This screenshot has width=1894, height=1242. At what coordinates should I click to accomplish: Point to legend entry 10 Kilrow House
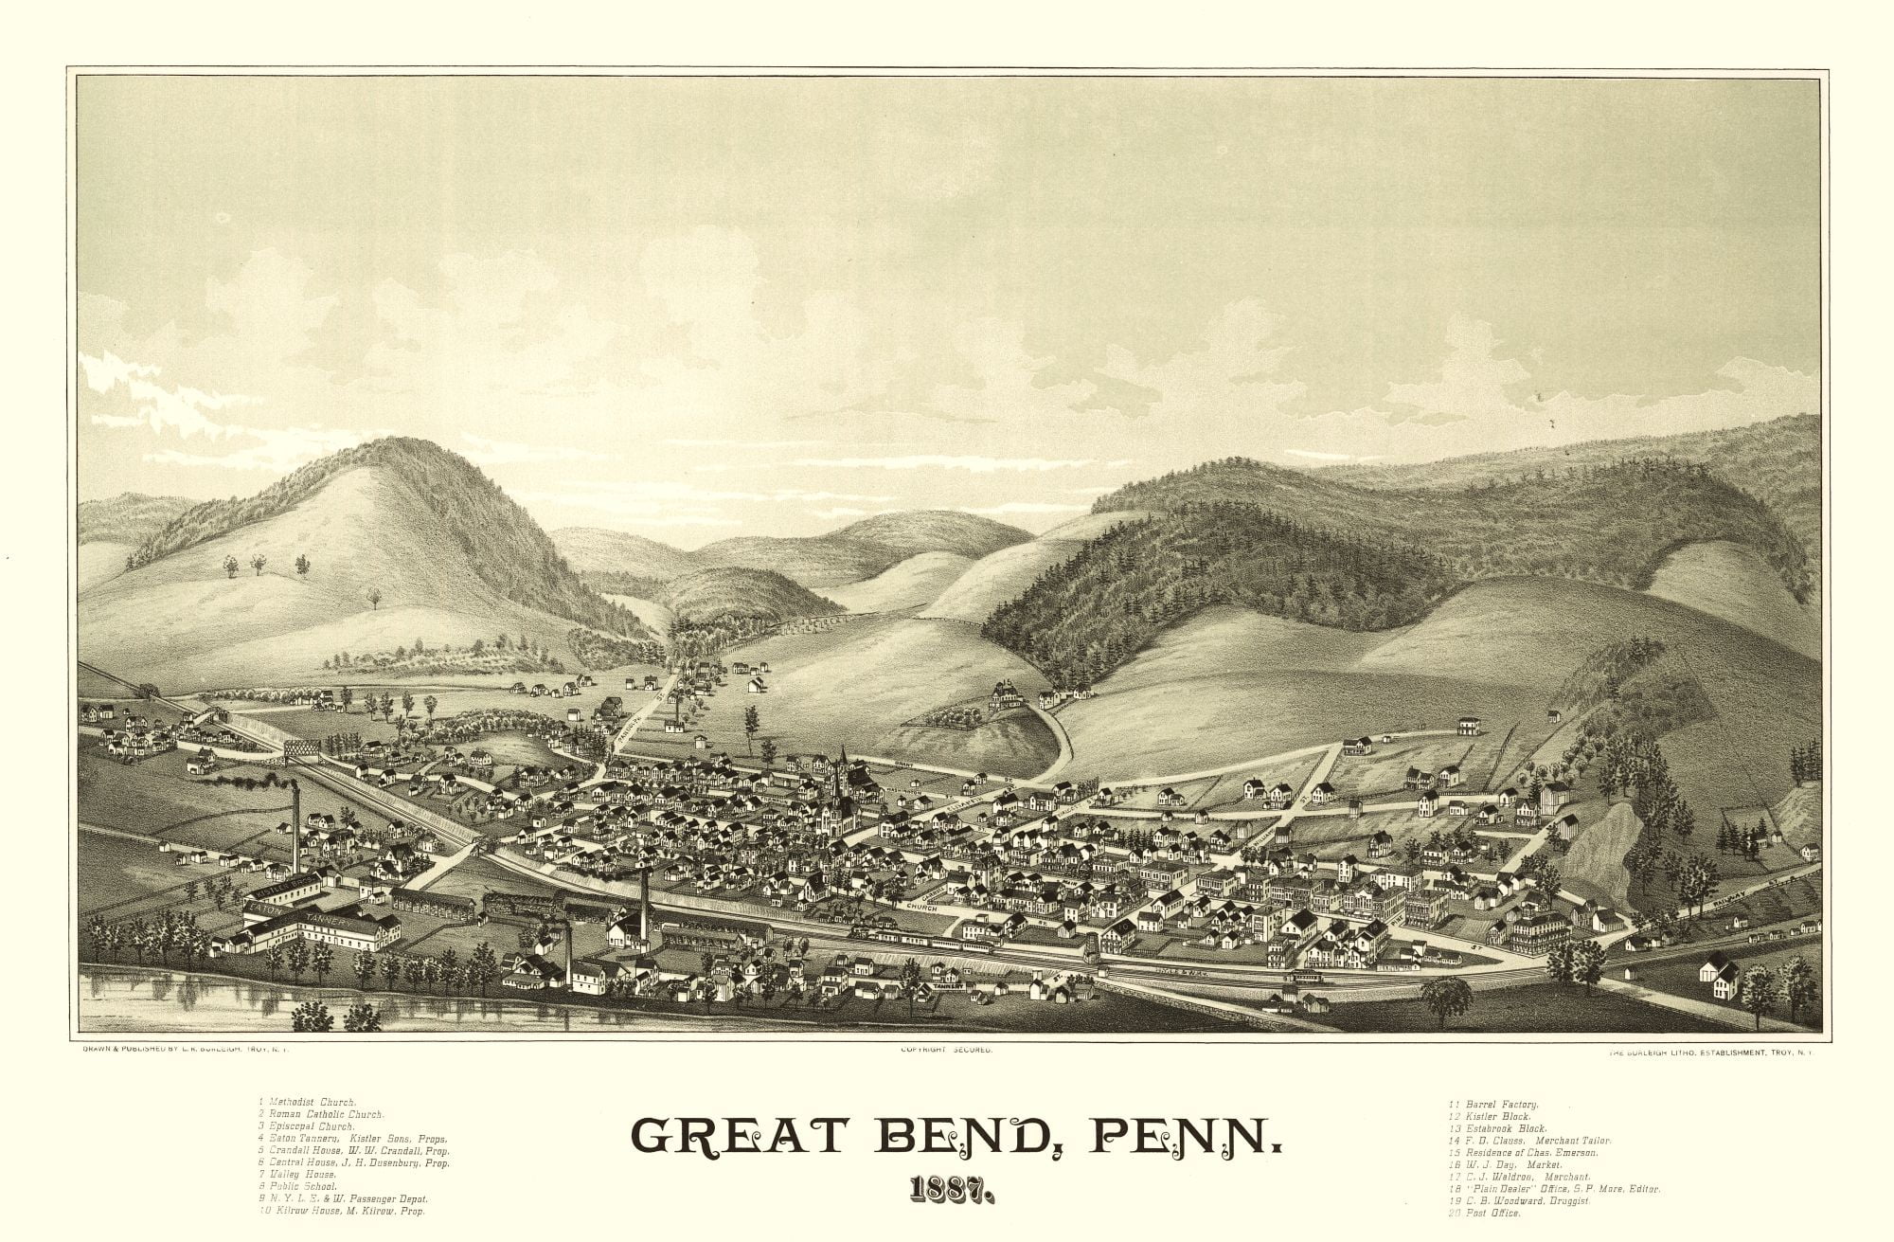coord(341,1211)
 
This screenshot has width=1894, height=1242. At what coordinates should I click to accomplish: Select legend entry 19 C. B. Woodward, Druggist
coord(1519,1200)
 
